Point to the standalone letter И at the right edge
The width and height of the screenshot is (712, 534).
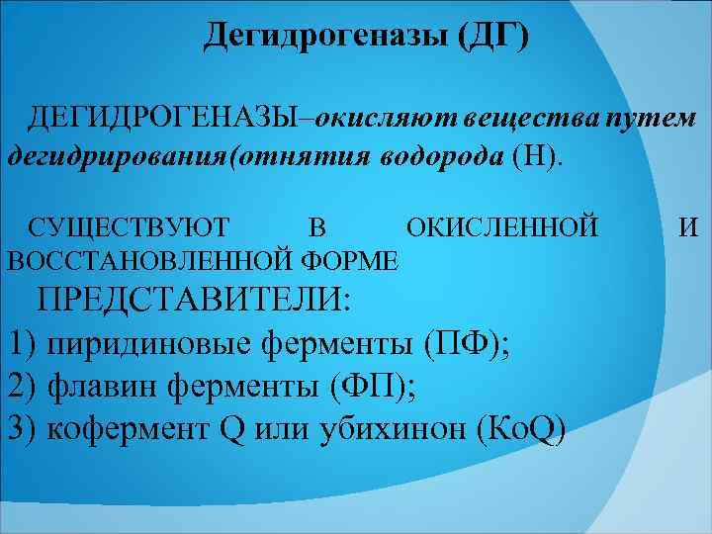pos(688,228)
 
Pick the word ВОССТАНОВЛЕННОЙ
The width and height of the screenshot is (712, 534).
pos(146,260)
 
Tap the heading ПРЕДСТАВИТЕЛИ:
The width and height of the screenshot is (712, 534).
pos(194,300)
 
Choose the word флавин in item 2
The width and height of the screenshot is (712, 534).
pos(106,387)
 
